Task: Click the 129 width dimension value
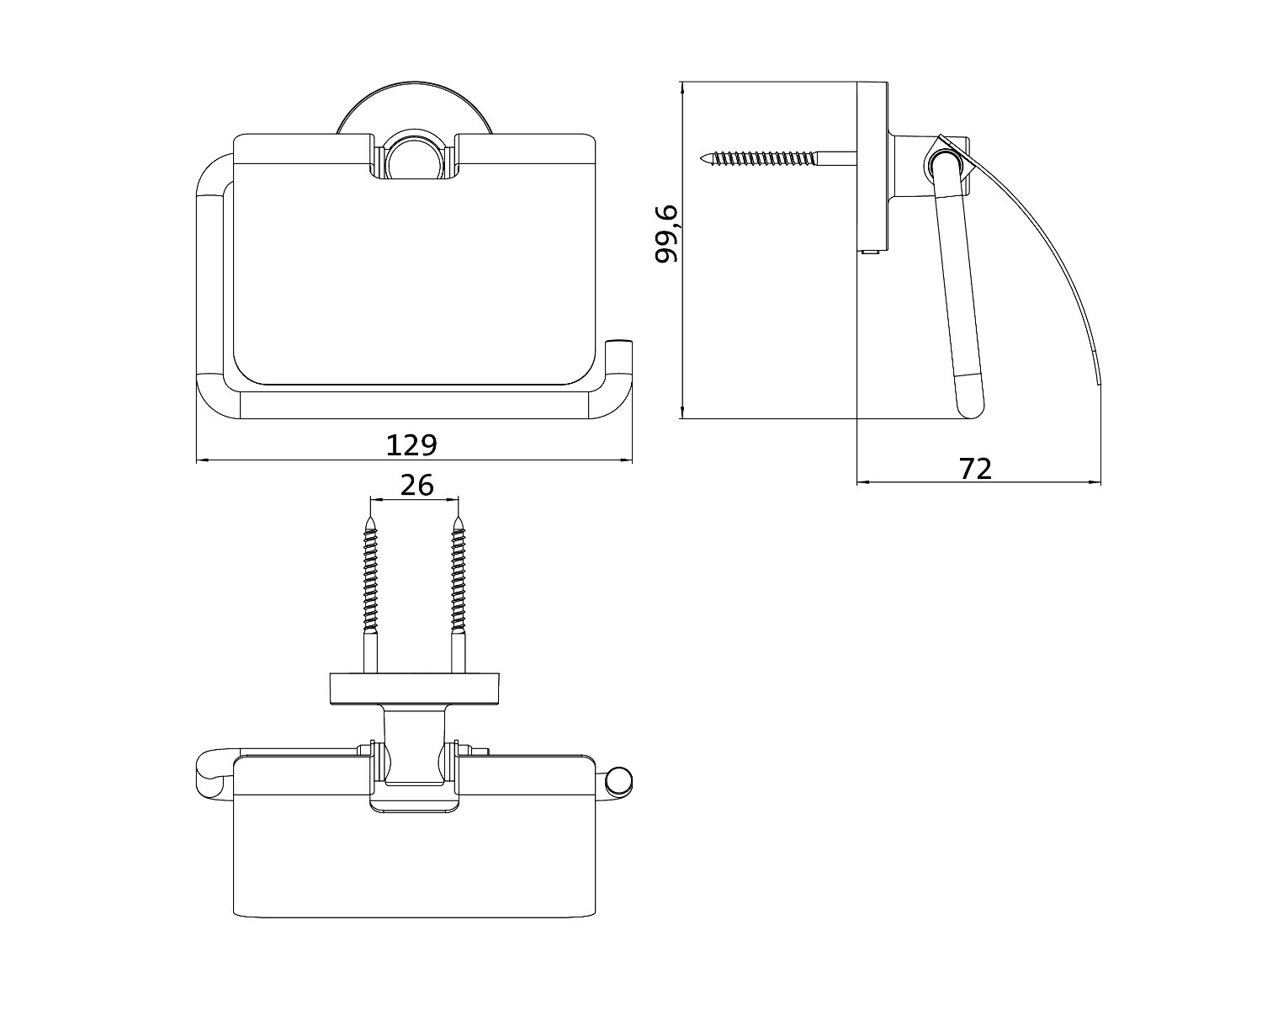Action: [x=411, y=445]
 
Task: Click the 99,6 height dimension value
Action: [x=667, y=234]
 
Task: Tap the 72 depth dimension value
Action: [x=976, y=468]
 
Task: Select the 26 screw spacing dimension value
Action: [x=416, y=486]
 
